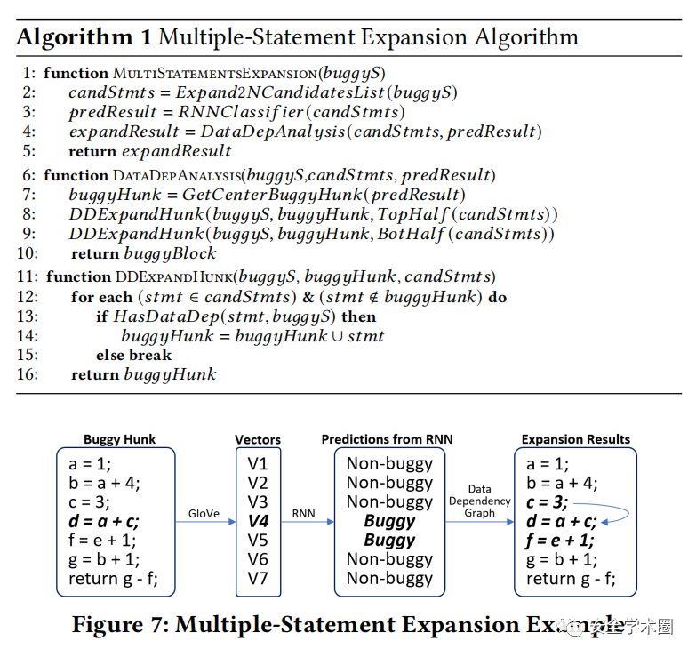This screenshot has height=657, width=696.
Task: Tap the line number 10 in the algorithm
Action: pos(26,253)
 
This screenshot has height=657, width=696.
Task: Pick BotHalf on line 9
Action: pos(412,234)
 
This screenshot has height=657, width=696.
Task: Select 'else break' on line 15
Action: pos(133,356)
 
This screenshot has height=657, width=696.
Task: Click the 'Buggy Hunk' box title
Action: pos(119,439)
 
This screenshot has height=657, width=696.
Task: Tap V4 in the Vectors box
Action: pos(258,521)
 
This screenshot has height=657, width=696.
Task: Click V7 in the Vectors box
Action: pos(258,580)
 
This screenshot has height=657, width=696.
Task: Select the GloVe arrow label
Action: pos(204,514)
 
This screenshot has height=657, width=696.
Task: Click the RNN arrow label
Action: pos(305,514)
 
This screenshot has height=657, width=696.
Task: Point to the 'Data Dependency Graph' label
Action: pos(480,501)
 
